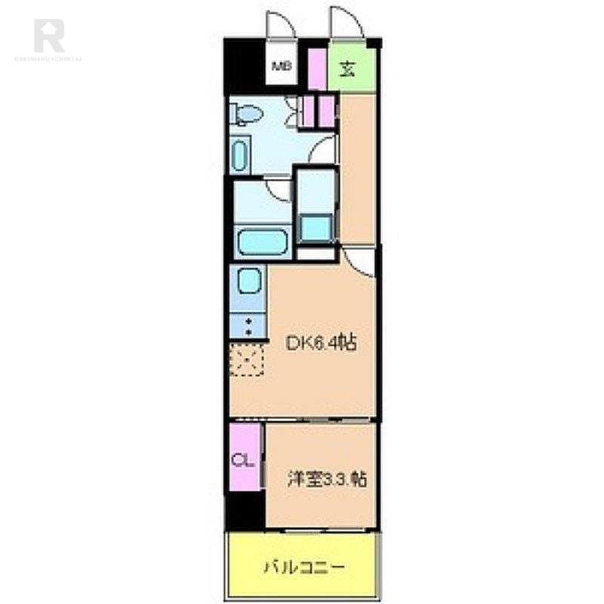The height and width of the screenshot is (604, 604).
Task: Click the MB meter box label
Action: tap(281, 65)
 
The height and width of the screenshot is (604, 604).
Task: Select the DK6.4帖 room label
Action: tap(321, 344)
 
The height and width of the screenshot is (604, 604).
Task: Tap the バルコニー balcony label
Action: tap(304, 566)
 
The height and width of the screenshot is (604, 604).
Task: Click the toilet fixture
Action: tap(246, 114)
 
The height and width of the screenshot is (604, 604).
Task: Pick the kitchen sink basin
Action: tap(248, 281)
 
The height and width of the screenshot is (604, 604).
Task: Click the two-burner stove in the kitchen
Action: tap(248, 327)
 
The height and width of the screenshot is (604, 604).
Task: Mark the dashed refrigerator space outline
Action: tap(248, 361)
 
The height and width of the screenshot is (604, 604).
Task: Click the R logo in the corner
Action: tap(49, 35)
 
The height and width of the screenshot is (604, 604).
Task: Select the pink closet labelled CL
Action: tap(244, 459)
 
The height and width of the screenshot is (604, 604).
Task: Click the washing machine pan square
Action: tap(316, 226)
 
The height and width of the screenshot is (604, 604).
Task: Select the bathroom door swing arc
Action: tap(279, 189)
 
